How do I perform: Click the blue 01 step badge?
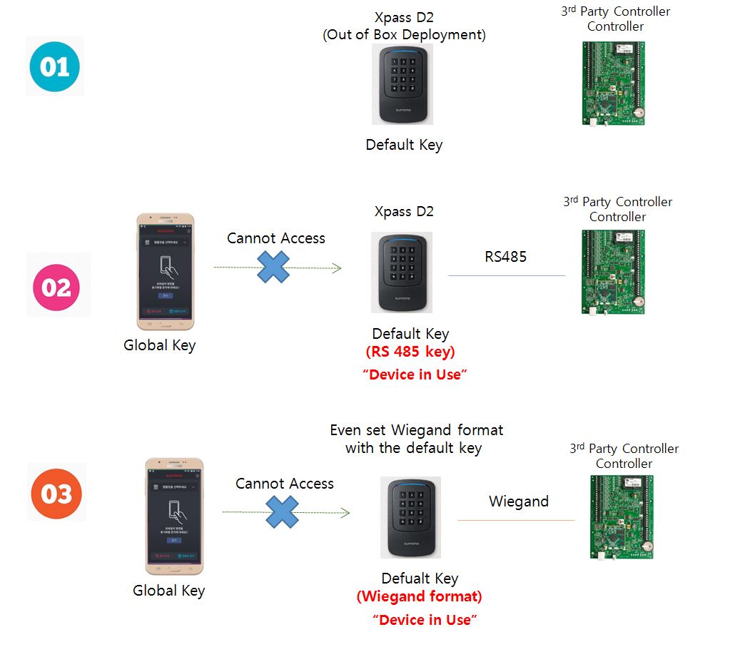pos(55,66)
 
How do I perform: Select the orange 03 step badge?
pos(56,493)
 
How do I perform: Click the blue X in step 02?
pos(273,267)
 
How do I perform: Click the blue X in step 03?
pos(283,512)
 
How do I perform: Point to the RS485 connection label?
pos(505,257)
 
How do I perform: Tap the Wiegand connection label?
pos(518,501)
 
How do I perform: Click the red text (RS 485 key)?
pos(410,352)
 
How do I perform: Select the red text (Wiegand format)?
pos(420,596)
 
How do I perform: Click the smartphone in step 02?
pos(165,271)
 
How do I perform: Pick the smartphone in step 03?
pos(174,516)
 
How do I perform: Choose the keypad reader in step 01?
pos(402,84)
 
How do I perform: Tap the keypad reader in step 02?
pos(401,272)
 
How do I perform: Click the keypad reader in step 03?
pos(410,517)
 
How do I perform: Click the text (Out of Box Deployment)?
pos(404,35)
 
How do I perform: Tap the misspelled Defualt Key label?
pos(420,579)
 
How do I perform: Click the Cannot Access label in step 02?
pos(275,238)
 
